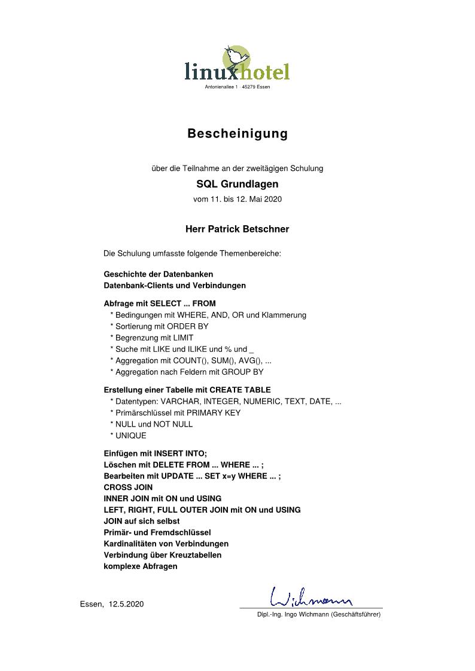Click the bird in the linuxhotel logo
click(237, 57)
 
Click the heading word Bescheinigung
click(237, 133)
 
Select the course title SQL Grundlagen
click(237, 184)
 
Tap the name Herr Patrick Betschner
click(237, 229)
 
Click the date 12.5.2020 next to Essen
click(126, 604)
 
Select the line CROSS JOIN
click(128, 487)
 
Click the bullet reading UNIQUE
click(130, 436)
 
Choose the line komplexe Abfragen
click(141, 566)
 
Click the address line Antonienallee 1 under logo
click(237, 87)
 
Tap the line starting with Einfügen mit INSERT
click(155, 453)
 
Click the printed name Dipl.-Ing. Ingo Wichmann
click(318, 614)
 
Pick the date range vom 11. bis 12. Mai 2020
click(237, 199)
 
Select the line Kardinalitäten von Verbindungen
click(166, 544)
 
